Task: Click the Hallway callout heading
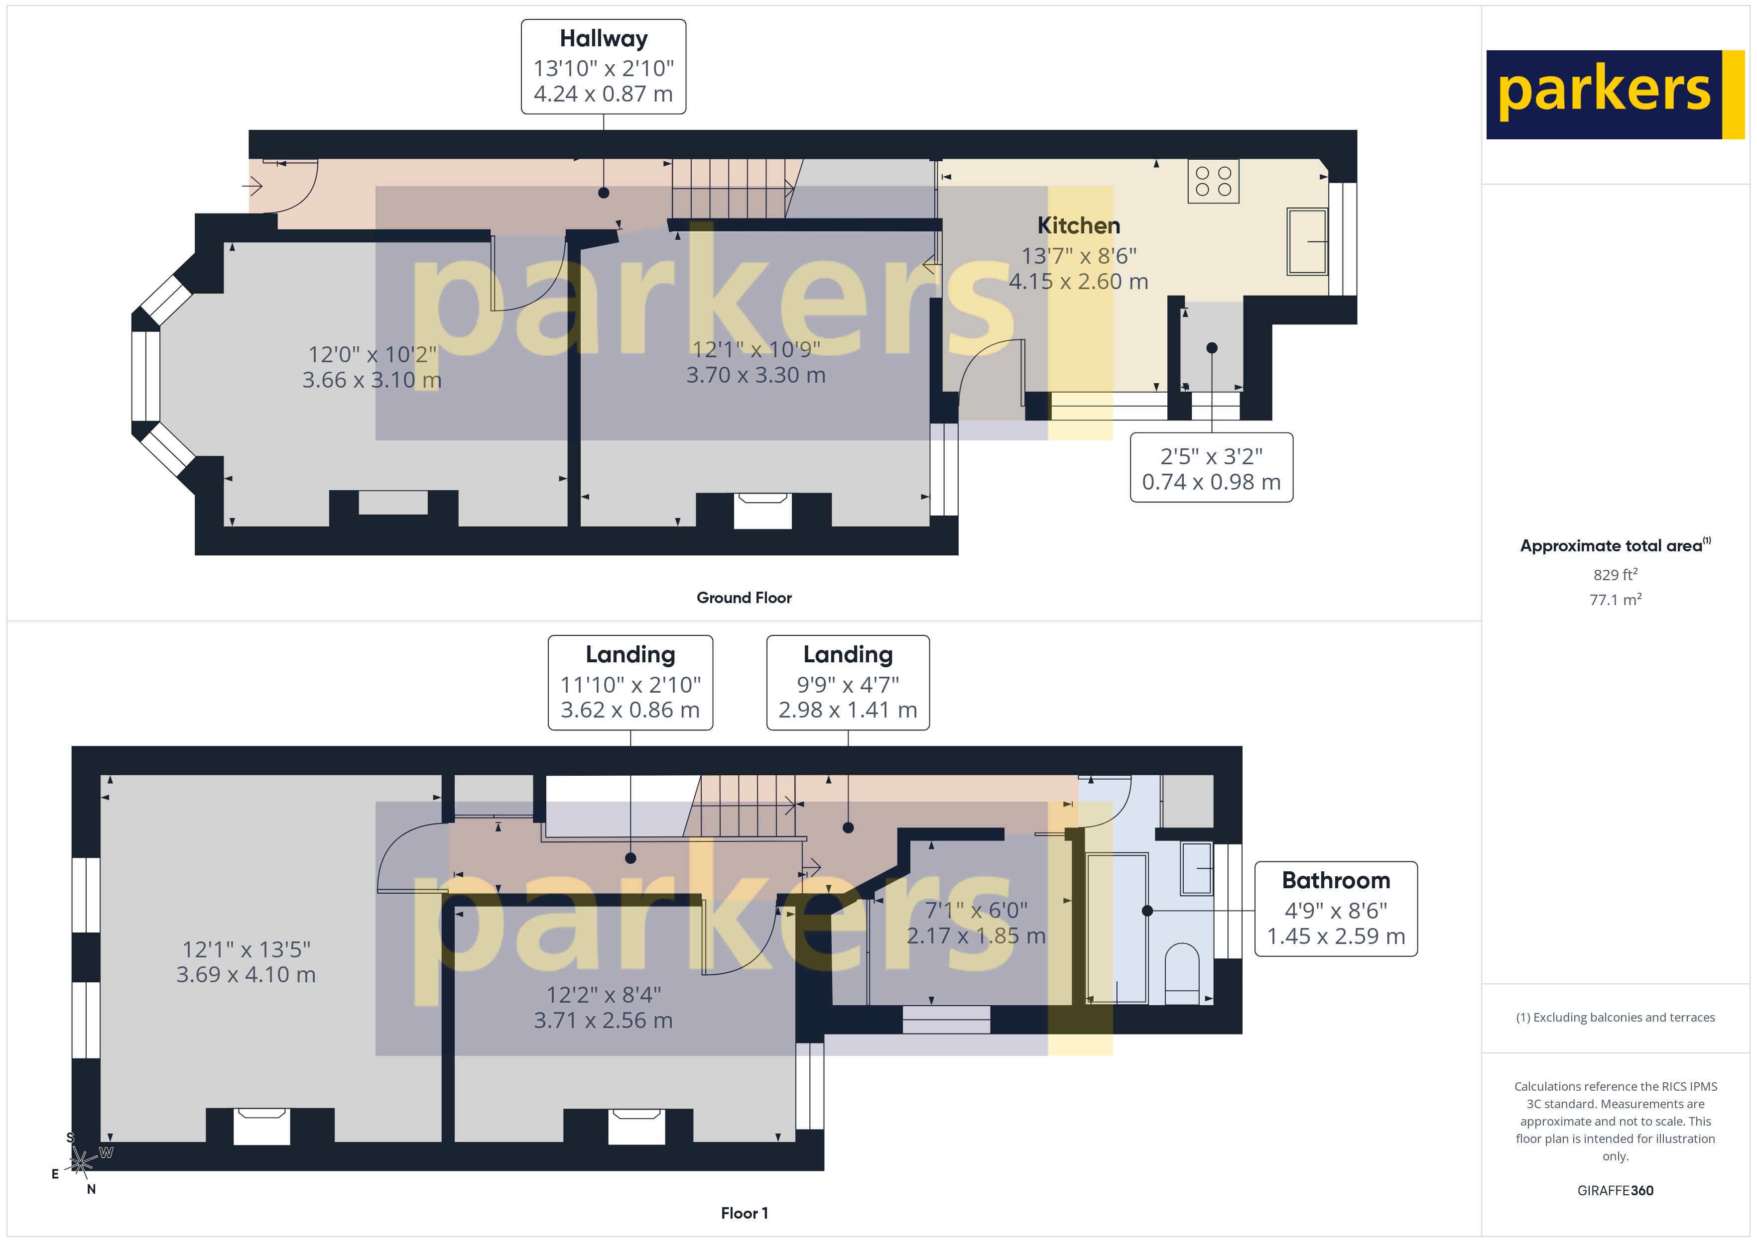pos(603,38)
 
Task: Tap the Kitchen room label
pos(1078,225)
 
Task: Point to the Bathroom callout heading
pos(1335,880)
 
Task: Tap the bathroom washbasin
pos(1196,868)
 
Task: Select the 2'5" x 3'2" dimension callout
pos(1211,468)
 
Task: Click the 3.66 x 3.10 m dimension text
pos(372,380)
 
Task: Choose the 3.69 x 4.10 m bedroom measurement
pos(246,974)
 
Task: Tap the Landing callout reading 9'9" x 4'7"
pos(848,682)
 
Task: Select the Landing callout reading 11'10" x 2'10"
pos(630,682)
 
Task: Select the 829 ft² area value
pos(1615,574)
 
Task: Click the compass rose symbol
pos(80,1162)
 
